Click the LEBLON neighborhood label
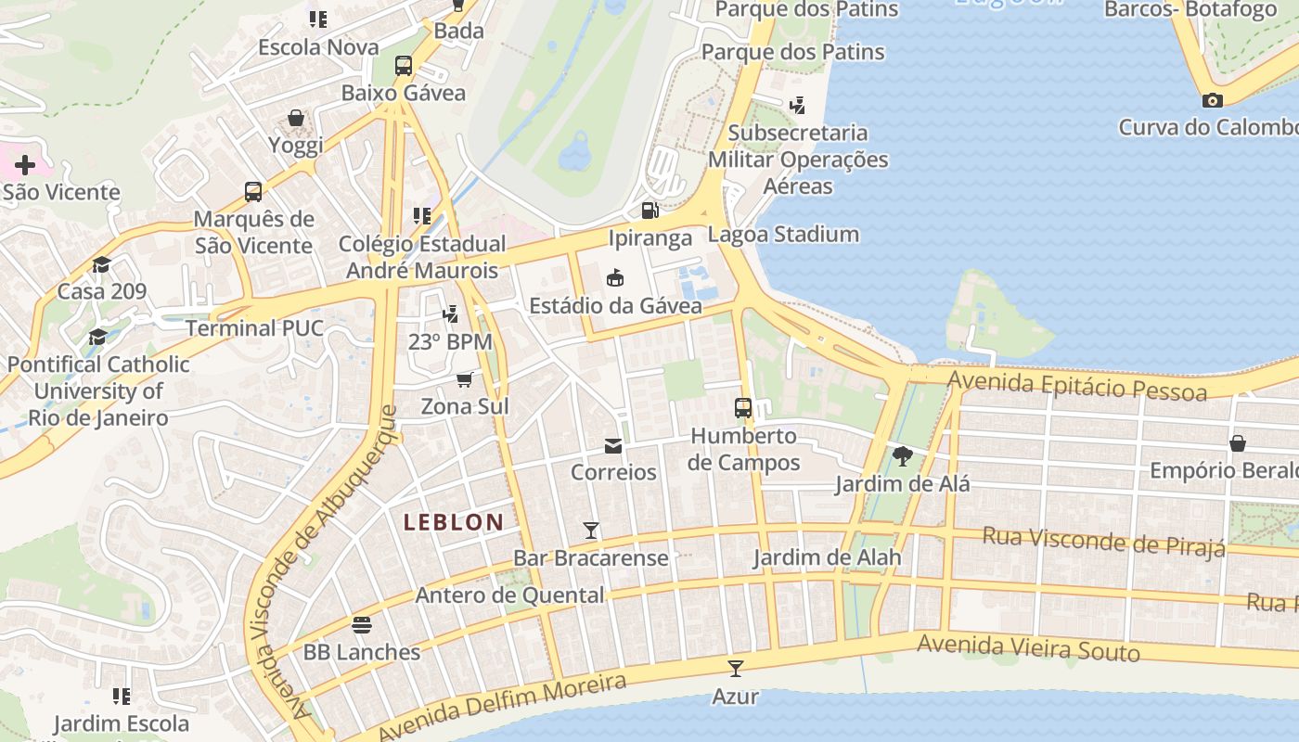click(x=454, y=522)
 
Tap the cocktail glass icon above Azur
click(x=736, y=668)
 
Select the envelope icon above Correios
click(x=613, y=446)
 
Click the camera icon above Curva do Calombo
click(x=1212, y=100)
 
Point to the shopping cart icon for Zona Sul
click(x=465, y=379)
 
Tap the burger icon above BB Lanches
click(x=362, y=625)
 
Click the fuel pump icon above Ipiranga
click(x=650, y=211)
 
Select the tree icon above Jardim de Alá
click(x=902, y=455)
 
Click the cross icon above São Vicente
click(x=25, y=165)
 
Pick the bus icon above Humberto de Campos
click(x=743, y=408)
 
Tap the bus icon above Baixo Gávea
click(x=404, y=66)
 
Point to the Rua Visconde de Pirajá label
click(x=1103, y=541)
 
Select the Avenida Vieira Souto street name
click(x=1028, y=647)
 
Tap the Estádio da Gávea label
click(x=615, y=305)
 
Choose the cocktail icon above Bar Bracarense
click(x=591, y=531)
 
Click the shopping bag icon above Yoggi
click(x=296, y=118)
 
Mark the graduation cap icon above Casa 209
click(x=101, y=264)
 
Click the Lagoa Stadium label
click(x=783, y=234)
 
